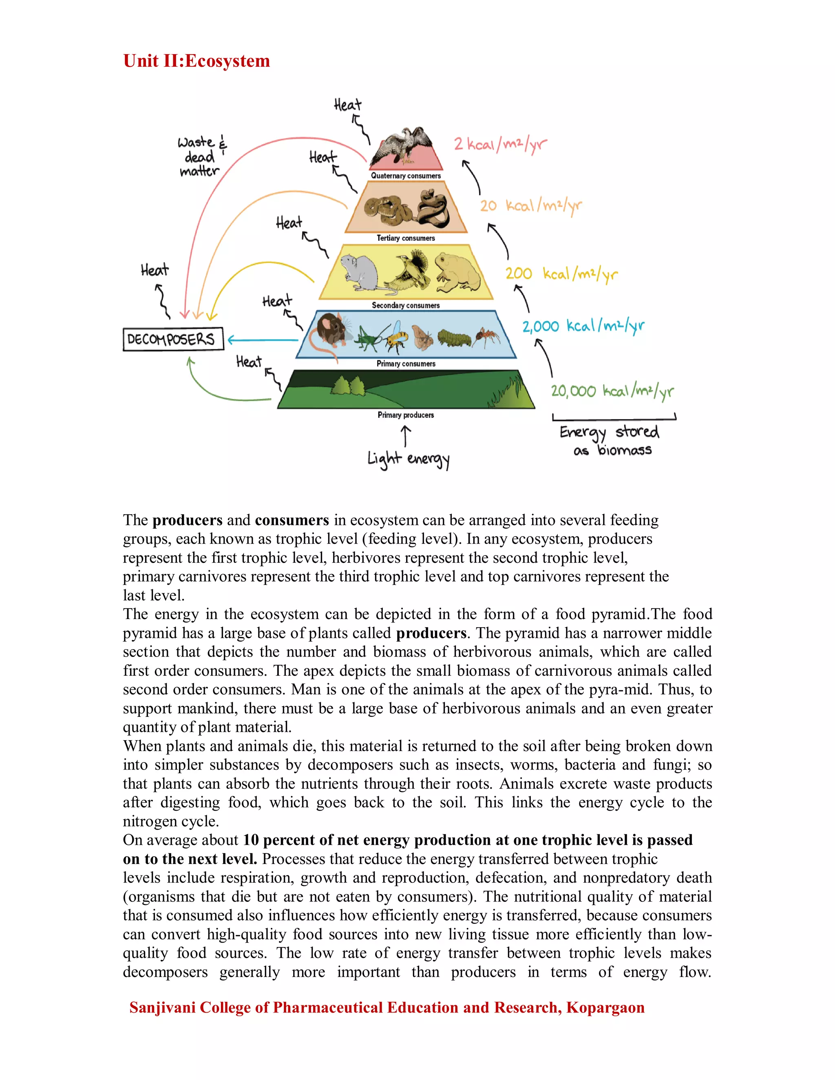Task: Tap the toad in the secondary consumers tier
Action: coord(457,272)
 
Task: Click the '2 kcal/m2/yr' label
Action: coord(500,144)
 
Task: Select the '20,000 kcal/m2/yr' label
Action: coord(612,391)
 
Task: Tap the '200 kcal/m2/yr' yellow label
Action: coord(561,273)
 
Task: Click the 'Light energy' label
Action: coord(408,459)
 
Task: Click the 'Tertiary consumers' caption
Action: coord(406,238)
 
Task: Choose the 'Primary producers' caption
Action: coord(406,415)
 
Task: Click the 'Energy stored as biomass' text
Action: coord(610,440)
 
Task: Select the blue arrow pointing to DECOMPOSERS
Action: coord(262,340)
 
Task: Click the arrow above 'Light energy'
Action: coord(406,436)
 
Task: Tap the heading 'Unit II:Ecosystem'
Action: coord(197,61)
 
